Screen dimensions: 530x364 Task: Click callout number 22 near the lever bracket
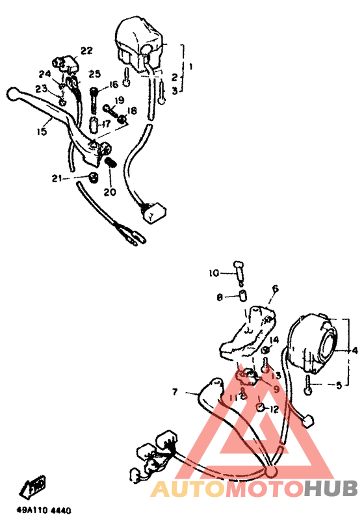[86, 51]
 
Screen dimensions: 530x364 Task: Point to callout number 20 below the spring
[109, 192]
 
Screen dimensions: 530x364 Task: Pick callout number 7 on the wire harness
[175, 392]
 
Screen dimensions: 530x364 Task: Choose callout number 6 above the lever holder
[275, 288]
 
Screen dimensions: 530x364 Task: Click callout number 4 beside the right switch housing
[355, 351]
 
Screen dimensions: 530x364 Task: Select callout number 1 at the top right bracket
[191, 67]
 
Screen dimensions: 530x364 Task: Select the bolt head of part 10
[237, 265]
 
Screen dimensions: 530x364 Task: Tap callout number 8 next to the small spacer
[220, 297]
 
